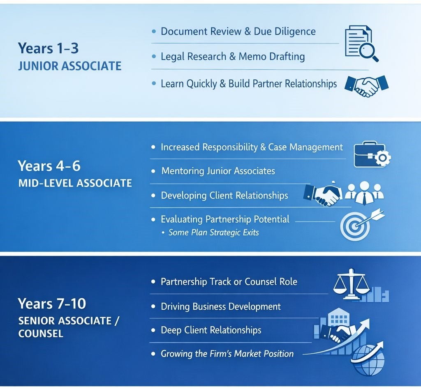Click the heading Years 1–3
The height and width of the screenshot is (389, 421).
point(48,48)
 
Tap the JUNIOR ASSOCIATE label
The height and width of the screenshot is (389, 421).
point(69,66)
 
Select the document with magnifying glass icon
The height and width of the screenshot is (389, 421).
point(361,43)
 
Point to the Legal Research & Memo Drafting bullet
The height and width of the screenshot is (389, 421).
point(233,56)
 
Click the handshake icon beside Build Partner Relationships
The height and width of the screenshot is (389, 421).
point(366,85)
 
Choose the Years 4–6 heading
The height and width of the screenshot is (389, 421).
point(49,166)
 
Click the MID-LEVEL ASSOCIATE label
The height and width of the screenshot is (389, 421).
point(75,183)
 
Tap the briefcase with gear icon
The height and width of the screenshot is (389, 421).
point(371,155)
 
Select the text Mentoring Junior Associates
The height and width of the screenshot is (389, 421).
point(218,171)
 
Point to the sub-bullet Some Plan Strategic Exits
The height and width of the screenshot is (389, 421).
point(213,232)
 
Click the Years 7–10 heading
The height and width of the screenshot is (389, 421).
point(52,304)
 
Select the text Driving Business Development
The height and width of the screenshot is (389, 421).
point(220,306)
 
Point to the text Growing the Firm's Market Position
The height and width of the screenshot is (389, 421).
point(227,354)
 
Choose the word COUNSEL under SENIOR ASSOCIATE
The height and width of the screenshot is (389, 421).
point(41,333)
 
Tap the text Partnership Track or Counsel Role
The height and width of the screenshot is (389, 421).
point(229,282)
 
